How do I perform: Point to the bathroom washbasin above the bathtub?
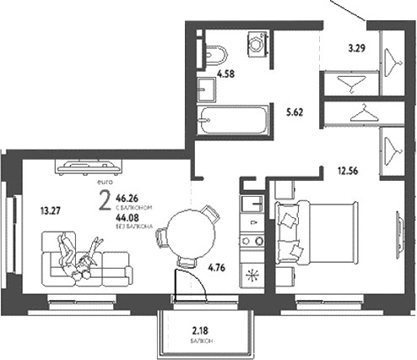[206, 87]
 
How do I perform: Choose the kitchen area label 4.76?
[219, 271]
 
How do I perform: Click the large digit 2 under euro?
[103, 202]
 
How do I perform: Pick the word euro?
[104, 183]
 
